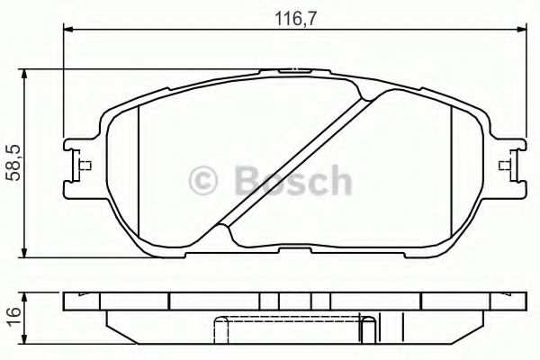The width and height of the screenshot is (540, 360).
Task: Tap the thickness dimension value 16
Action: [12, 314]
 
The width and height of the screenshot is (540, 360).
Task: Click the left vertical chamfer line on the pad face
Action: [141, 171]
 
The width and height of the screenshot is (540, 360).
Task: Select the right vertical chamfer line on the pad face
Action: [451, 171]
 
